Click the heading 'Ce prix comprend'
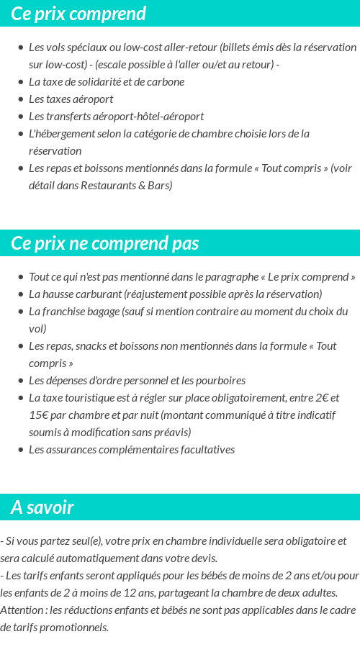[78, 14]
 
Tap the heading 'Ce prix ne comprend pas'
[105, 243]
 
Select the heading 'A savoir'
[42, 507]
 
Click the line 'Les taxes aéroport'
[71, 99]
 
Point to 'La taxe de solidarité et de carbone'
[107, 81]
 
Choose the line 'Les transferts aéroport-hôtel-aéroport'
[116, 116]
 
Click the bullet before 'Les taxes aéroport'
[21, 99]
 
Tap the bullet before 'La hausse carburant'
[21, 294]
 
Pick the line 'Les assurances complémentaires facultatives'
[132, 449]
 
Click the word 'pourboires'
[221, 380]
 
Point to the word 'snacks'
[88, 345]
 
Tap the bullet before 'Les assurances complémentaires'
[21, 450]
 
